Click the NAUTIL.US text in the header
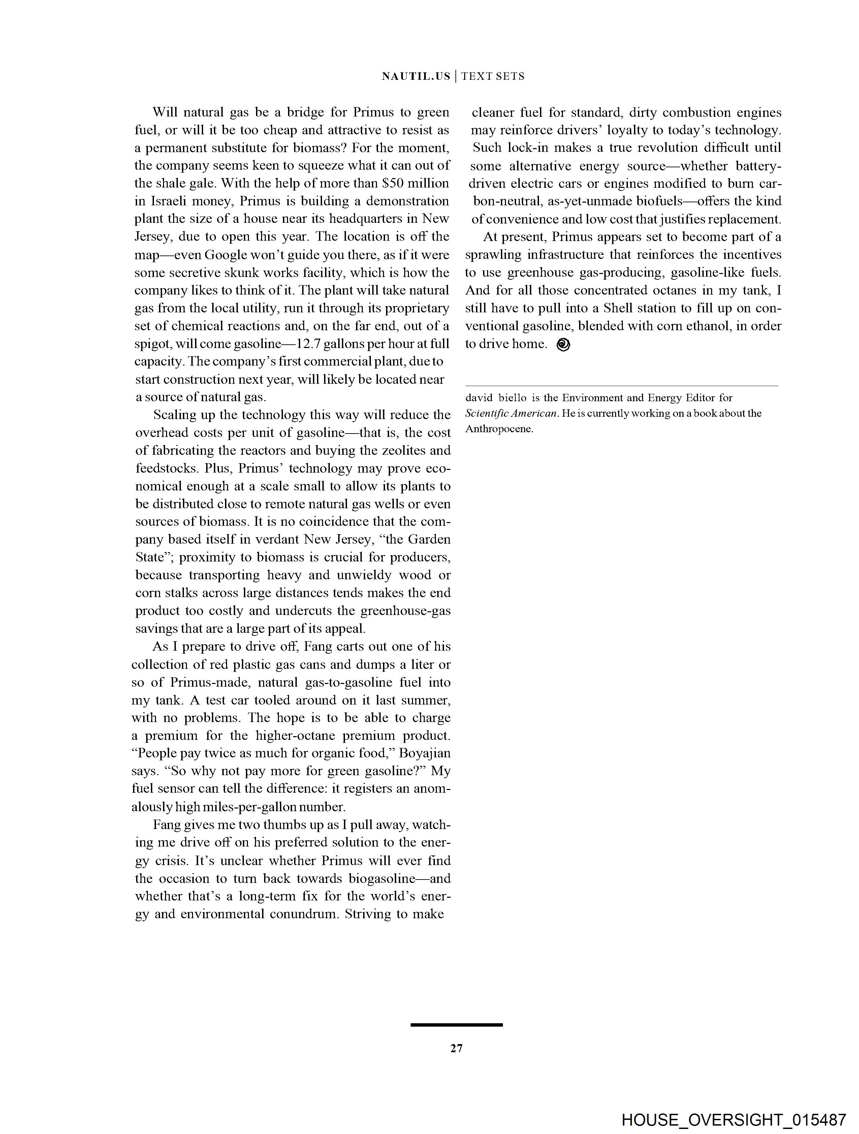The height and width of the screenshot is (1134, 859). click(416, 76)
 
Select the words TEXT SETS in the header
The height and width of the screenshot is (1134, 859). click(492, 76)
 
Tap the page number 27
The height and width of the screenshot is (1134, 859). click(456, 1049)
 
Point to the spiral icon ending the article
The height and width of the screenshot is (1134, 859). click(563, 344)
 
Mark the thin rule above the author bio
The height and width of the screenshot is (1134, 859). click(622, 385)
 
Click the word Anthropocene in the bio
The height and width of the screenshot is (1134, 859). click(499, 429)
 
